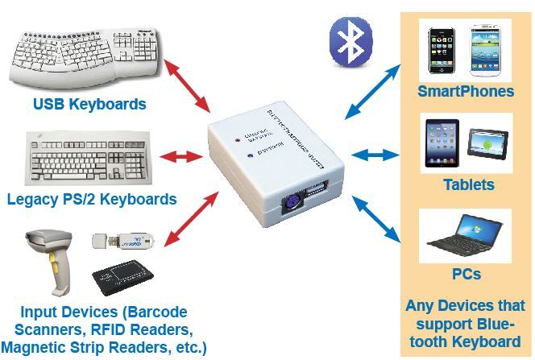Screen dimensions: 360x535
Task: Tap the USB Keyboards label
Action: pyautogui.click(x=89, y=104)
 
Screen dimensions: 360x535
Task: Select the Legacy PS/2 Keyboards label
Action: pyautogui.click(x=91, y=198)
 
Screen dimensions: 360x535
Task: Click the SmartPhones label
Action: pyautogui.click(x=465, y=91)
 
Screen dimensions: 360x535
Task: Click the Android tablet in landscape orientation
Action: pyautogui.click(x=487, y=144)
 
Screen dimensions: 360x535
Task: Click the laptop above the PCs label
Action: pyautogui.click(x=465, y=235)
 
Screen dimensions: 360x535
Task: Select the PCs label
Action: pyautogui.click(x=465, y=274)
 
